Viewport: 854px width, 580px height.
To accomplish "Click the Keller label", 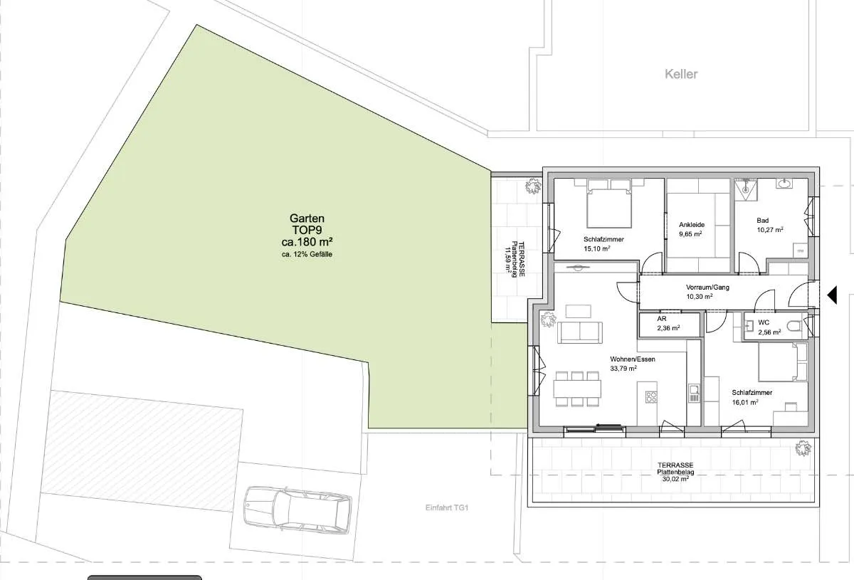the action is pos(681,74).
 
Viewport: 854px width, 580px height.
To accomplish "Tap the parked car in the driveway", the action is pos(297,510).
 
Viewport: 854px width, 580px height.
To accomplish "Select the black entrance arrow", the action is pos(832,295).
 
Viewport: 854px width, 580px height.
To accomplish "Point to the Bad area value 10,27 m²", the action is pos(770,230).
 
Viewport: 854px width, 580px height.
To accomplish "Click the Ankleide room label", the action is pos(692,225).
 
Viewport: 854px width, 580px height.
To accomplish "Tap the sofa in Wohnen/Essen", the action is pos(580,332).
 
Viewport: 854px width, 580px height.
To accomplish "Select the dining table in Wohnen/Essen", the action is pos(577,389).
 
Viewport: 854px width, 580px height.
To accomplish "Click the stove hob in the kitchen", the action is pos(651,397).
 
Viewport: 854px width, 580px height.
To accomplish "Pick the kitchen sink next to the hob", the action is pos(694,393).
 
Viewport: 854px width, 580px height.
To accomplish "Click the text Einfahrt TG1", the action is pos(447,508).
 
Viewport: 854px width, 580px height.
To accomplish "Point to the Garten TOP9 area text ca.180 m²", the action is pos(307,242).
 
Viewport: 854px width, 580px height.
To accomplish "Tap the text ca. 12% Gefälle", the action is pos(307,254).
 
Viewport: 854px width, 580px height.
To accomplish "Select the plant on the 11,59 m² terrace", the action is pos(533,186).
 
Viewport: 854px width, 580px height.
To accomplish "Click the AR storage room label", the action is pos(661,318).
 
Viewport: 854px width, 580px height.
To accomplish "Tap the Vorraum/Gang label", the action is pos(707,287).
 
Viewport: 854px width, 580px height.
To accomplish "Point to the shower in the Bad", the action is pos(746,189).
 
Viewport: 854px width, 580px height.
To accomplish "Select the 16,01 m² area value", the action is pos(745,402).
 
